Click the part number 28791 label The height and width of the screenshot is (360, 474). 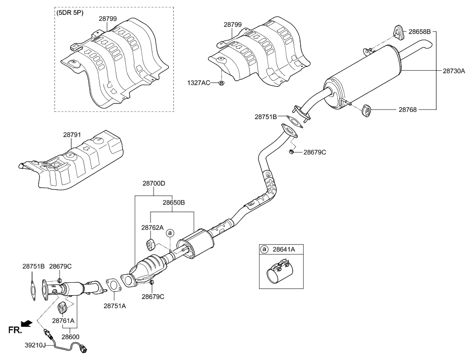click(73, 134)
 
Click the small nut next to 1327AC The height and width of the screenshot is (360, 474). click(221, 82)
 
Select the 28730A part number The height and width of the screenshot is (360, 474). click(454, 71)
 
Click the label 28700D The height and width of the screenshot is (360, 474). click(154, 183)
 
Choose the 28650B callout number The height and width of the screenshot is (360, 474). click(173, 203)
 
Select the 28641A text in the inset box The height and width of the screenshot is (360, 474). click(284, 250)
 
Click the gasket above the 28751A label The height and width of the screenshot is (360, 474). click(113, 285)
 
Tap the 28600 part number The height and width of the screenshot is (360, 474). click(70, 336)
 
